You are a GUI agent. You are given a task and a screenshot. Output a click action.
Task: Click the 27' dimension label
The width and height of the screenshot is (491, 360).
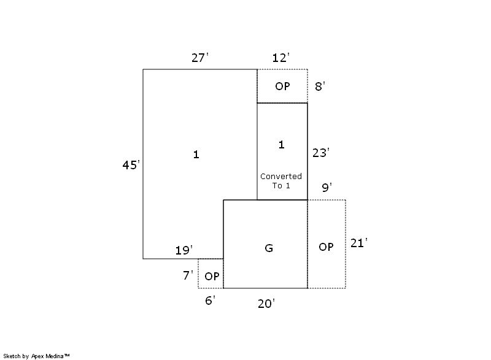(x=200, y=58)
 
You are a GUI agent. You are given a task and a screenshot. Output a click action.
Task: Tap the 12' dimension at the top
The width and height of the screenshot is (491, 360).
(x=281, y=58)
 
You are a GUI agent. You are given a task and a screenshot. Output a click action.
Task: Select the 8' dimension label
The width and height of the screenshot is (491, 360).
(x=320, y=86)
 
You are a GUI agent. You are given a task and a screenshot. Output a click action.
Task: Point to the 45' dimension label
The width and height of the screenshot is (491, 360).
(x=131, y=165)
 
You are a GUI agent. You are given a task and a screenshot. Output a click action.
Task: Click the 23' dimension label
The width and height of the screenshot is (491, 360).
(x=321, y=153)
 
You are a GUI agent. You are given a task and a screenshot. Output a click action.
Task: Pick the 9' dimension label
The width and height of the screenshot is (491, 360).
(x=327, y=187)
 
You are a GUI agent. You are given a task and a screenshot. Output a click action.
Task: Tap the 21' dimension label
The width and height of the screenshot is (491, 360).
(x=359, y=243)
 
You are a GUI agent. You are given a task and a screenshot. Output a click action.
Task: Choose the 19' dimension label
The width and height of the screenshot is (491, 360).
(x=184, y=250)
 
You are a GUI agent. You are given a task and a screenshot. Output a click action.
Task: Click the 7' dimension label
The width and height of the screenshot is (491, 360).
(x=188, y=275)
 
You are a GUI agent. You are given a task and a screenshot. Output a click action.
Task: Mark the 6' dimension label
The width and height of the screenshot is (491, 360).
(x=210, y=301)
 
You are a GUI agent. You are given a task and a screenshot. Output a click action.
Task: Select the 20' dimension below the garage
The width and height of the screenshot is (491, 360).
(x=266, y=304)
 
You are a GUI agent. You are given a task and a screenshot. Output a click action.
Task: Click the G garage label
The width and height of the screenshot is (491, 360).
(x=269, y=248)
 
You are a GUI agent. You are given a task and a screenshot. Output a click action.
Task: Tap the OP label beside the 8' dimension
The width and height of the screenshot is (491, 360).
(x=282, y=86)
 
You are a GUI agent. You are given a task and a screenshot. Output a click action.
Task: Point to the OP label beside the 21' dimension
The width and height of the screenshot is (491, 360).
(x=326, y=247)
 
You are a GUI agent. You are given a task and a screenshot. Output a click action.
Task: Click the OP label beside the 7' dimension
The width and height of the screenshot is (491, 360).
(x=212, y=276)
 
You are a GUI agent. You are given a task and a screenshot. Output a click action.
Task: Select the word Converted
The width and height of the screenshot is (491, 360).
(x=281, y=177)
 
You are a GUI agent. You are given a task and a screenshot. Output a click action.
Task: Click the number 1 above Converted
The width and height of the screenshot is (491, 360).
(x=282, y=145)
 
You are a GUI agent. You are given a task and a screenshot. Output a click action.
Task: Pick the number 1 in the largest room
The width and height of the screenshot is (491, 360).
(x=196, y=154)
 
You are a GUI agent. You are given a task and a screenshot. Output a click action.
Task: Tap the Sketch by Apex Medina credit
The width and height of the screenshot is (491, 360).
(x=36, y=356)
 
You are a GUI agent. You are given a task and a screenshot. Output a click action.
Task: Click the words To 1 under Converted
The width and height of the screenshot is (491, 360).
(x=281, y=185)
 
